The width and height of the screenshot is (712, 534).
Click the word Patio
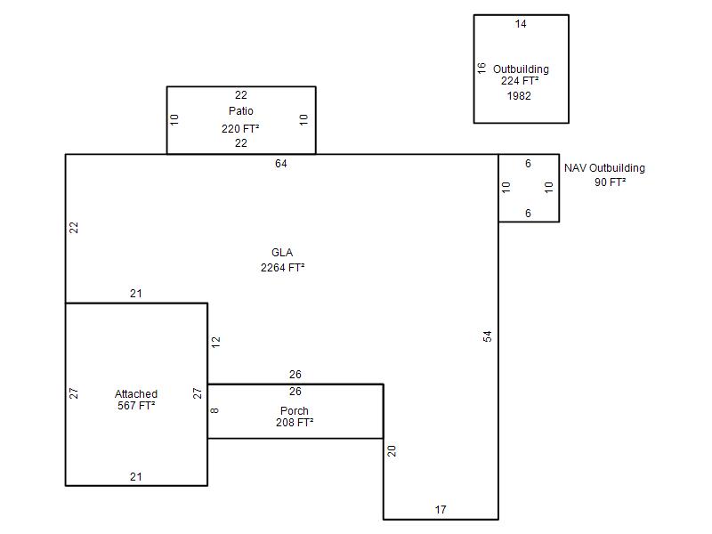(x=240, y=111)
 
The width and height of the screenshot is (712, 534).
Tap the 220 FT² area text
(x=240, y=128)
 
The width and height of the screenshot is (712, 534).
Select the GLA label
(x=282, y=253)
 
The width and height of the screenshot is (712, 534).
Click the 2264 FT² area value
(x=282, y=267)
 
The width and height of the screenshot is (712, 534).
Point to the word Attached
(x=136, y=394)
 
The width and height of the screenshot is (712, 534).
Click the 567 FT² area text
(x=136, y=406)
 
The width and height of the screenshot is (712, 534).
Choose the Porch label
(x=295, y=411)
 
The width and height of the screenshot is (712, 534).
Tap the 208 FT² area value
(x=295, y=423)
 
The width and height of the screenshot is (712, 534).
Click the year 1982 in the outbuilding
(x=519, y=95)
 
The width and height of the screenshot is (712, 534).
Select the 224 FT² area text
(x=521, y=81)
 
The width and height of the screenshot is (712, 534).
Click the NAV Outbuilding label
(x=604, y=168)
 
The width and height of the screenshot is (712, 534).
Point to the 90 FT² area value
(x=610, y=182)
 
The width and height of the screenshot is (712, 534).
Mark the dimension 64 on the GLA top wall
(x=281, y=164)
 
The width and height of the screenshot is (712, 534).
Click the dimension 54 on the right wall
(x=488, y=336)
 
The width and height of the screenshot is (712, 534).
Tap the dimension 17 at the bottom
(x=441, y=510)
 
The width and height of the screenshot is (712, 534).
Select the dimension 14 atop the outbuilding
(x=521, y=24)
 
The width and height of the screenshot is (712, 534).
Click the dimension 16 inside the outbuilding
(x=481, y=68)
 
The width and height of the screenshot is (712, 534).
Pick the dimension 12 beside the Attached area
(x=216, y=340)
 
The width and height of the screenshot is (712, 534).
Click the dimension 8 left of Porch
(x=215, y=410)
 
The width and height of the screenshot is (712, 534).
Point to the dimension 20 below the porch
(x=392, y=451)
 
